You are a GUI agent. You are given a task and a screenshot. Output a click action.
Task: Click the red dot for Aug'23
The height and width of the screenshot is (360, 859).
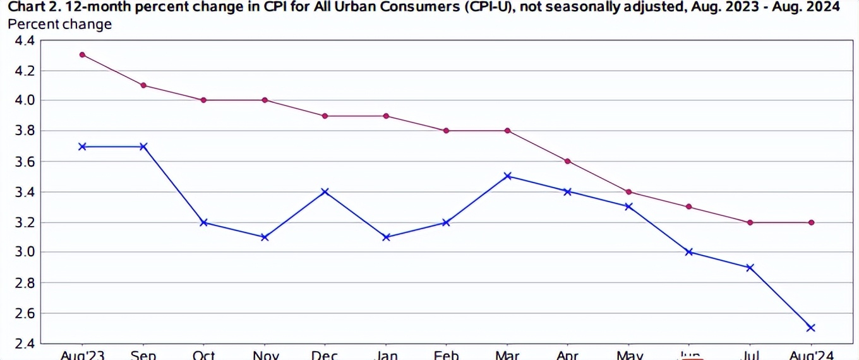click(82, 55)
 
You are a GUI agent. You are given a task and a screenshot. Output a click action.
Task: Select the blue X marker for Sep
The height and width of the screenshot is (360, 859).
click(143, 147)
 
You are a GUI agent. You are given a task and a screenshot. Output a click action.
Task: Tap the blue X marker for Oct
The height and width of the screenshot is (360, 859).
click(204, 222)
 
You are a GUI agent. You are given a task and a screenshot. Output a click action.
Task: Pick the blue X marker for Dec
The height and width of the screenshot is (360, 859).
click(325, 191)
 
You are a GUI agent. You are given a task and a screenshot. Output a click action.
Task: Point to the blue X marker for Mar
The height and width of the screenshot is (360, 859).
click(507, 176)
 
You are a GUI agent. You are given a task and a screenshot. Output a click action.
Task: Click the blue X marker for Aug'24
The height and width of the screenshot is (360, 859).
click(811, 328)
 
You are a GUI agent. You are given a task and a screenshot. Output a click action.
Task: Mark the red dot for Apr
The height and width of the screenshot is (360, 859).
click(568, 161)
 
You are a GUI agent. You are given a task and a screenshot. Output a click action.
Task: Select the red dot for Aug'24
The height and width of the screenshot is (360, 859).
click(811, 222)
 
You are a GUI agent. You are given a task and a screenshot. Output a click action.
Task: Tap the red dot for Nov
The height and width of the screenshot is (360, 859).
click(265, 100)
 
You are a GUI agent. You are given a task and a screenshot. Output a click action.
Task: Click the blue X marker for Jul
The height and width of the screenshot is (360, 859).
click(750, 268)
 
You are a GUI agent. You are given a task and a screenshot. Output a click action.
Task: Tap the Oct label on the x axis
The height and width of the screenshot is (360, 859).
click(204, 355)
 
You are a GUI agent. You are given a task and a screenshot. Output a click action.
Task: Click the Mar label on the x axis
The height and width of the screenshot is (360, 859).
click(507, 355)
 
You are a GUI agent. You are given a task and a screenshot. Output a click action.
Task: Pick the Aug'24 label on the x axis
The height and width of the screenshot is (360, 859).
click(811, 355)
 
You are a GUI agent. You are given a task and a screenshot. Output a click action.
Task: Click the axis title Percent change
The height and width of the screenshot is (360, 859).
click(59, 25)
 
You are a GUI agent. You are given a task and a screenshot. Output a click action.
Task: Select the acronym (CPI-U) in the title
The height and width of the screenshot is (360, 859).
click(480, 7)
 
